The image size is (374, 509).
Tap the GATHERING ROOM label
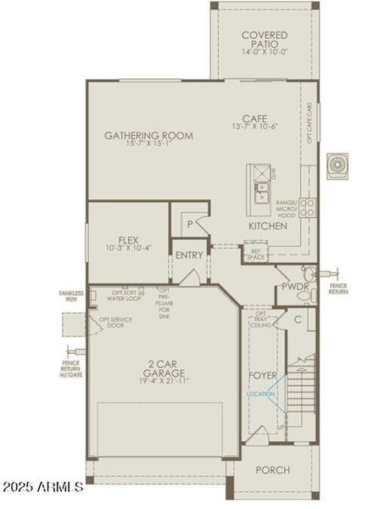(x=148, y=139)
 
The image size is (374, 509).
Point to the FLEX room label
(x=128, y=243)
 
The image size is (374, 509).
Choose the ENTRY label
(x=190, y=255)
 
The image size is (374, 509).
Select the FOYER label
(x=262, y=374)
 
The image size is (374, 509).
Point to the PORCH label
(x=272, y=470)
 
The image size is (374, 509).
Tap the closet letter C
(x=298, y=318)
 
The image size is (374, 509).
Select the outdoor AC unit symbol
(x=337, y=162)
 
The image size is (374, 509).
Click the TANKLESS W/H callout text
(x=71, y=296)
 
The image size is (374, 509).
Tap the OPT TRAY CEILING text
(x=261, y=320)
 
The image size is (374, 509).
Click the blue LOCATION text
(x=261, y=394)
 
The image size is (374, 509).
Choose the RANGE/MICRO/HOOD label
(x=285, y=209)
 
